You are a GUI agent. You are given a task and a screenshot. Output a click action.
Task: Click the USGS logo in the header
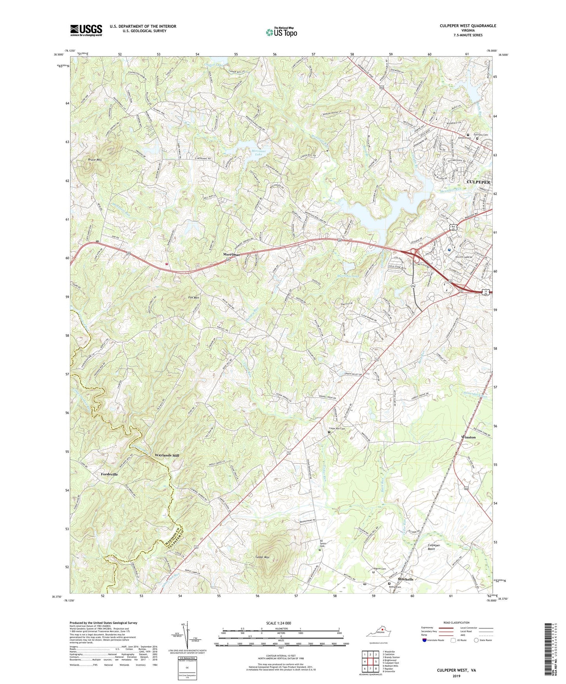pos(86,30)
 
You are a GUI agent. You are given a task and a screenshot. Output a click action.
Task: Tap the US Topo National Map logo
pos(281,32)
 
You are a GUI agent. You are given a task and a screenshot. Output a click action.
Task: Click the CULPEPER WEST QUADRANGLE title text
pos(468,26)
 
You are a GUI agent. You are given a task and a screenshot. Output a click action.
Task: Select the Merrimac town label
pos(231,254)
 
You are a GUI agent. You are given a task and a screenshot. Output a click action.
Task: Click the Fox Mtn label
pos(193,298)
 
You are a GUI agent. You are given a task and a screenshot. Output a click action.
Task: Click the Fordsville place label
pos(109,474)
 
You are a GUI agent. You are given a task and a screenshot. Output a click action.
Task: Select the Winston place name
pos(468,437)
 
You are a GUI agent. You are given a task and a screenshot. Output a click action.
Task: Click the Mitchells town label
pos(405,579)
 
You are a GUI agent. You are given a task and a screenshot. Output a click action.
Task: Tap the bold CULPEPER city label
pos(478,182)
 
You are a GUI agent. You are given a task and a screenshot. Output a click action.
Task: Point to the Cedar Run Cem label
pos(337,429)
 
